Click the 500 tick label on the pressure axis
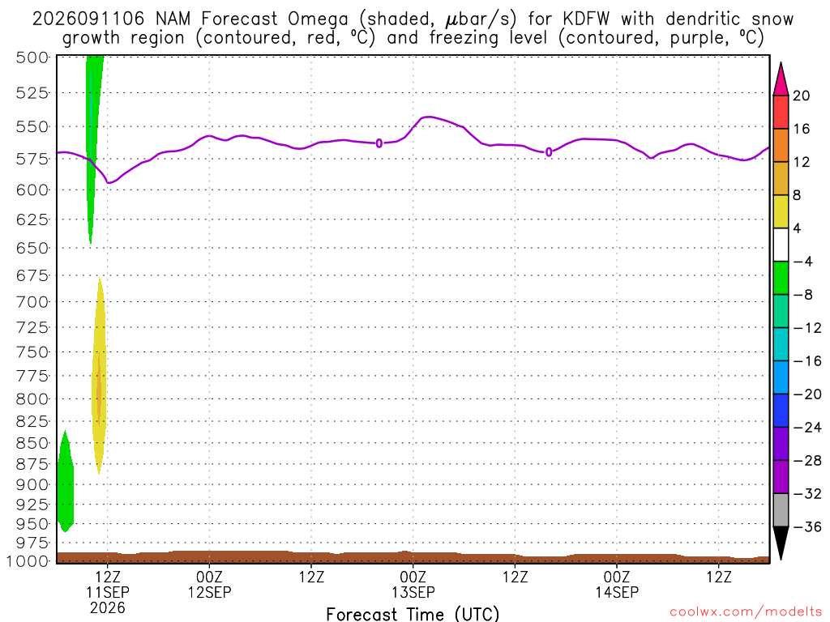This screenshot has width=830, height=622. (32, 58)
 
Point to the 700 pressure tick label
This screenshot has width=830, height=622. (32, 302)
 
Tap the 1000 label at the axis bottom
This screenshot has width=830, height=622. (28, 560)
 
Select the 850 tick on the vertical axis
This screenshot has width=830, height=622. (32, 443)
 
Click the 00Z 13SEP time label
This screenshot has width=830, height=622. (413, 584)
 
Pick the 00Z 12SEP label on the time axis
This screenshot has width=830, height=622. (209, 584)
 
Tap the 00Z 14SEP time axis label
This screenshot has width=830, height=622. (617, 584)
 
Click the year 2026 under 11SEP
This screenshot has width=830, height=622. (108, 607)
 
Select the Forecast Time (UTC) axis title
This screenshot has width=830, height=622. (413, 614)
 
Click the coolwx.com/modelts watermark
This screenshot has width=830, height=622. (746, 612)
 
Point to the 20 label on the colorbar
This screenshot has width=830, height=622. (801, 96)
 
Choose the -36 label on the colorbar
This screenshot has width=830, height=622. (806, 526)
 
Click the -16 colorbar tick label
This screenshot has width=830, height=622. (806, 361)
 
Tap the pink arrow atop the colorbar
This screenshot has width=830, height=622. (781, 79)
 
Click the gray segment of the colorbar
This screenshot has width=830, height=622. (781, 510)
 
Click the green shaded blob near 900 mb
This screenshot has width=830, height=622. (65, 481)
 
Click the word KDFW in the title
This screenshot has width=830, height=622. (586, 19)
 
